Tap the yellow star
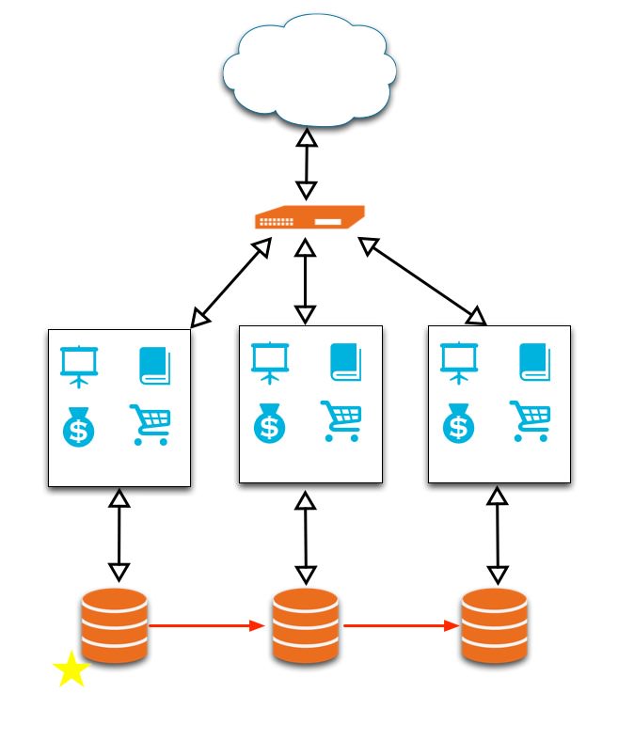pyautogui.click(x=71, y=670)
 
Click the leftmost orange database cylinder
pyautogui.click(x=115, y=625)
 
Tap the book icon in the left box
pyautogui.click(x=154, y=366)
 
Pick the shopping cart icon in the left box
pyautogui.click(x=151, y=425)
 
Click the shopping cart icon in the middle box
pyautogui.click(x=341, y=420)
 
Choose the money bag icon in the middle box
pyautogui.click(x=270, y=422)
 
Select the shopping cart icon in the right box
pyautogui.click(x=531, y=420)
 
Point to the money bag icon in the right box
pyautogui.click(x=459, y=422)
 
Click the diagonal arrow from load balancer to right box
pyautogui.click(x=423, y=280)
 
